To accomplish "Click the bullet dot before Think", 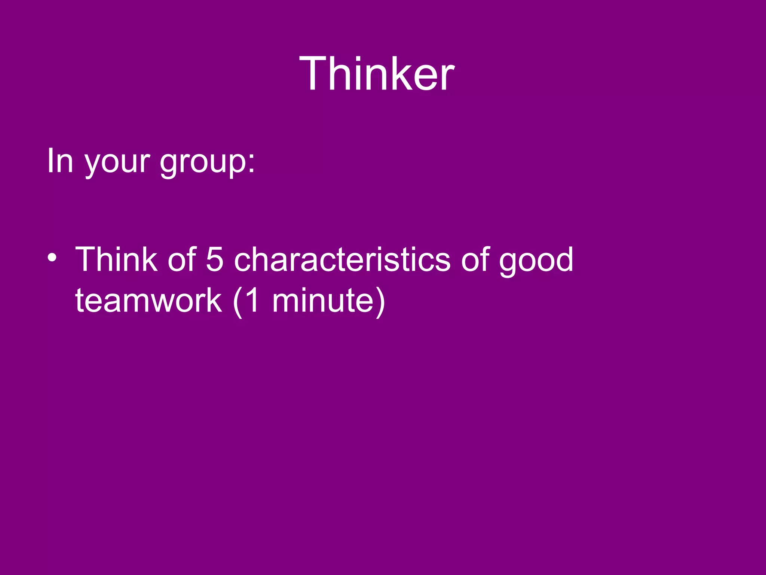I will tap(52, 258).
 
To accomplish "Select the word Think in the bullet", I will tap(116, 259).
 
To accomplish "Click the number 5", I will tap(215, 260).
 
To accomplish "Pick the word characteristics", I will tap(342, 260).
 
